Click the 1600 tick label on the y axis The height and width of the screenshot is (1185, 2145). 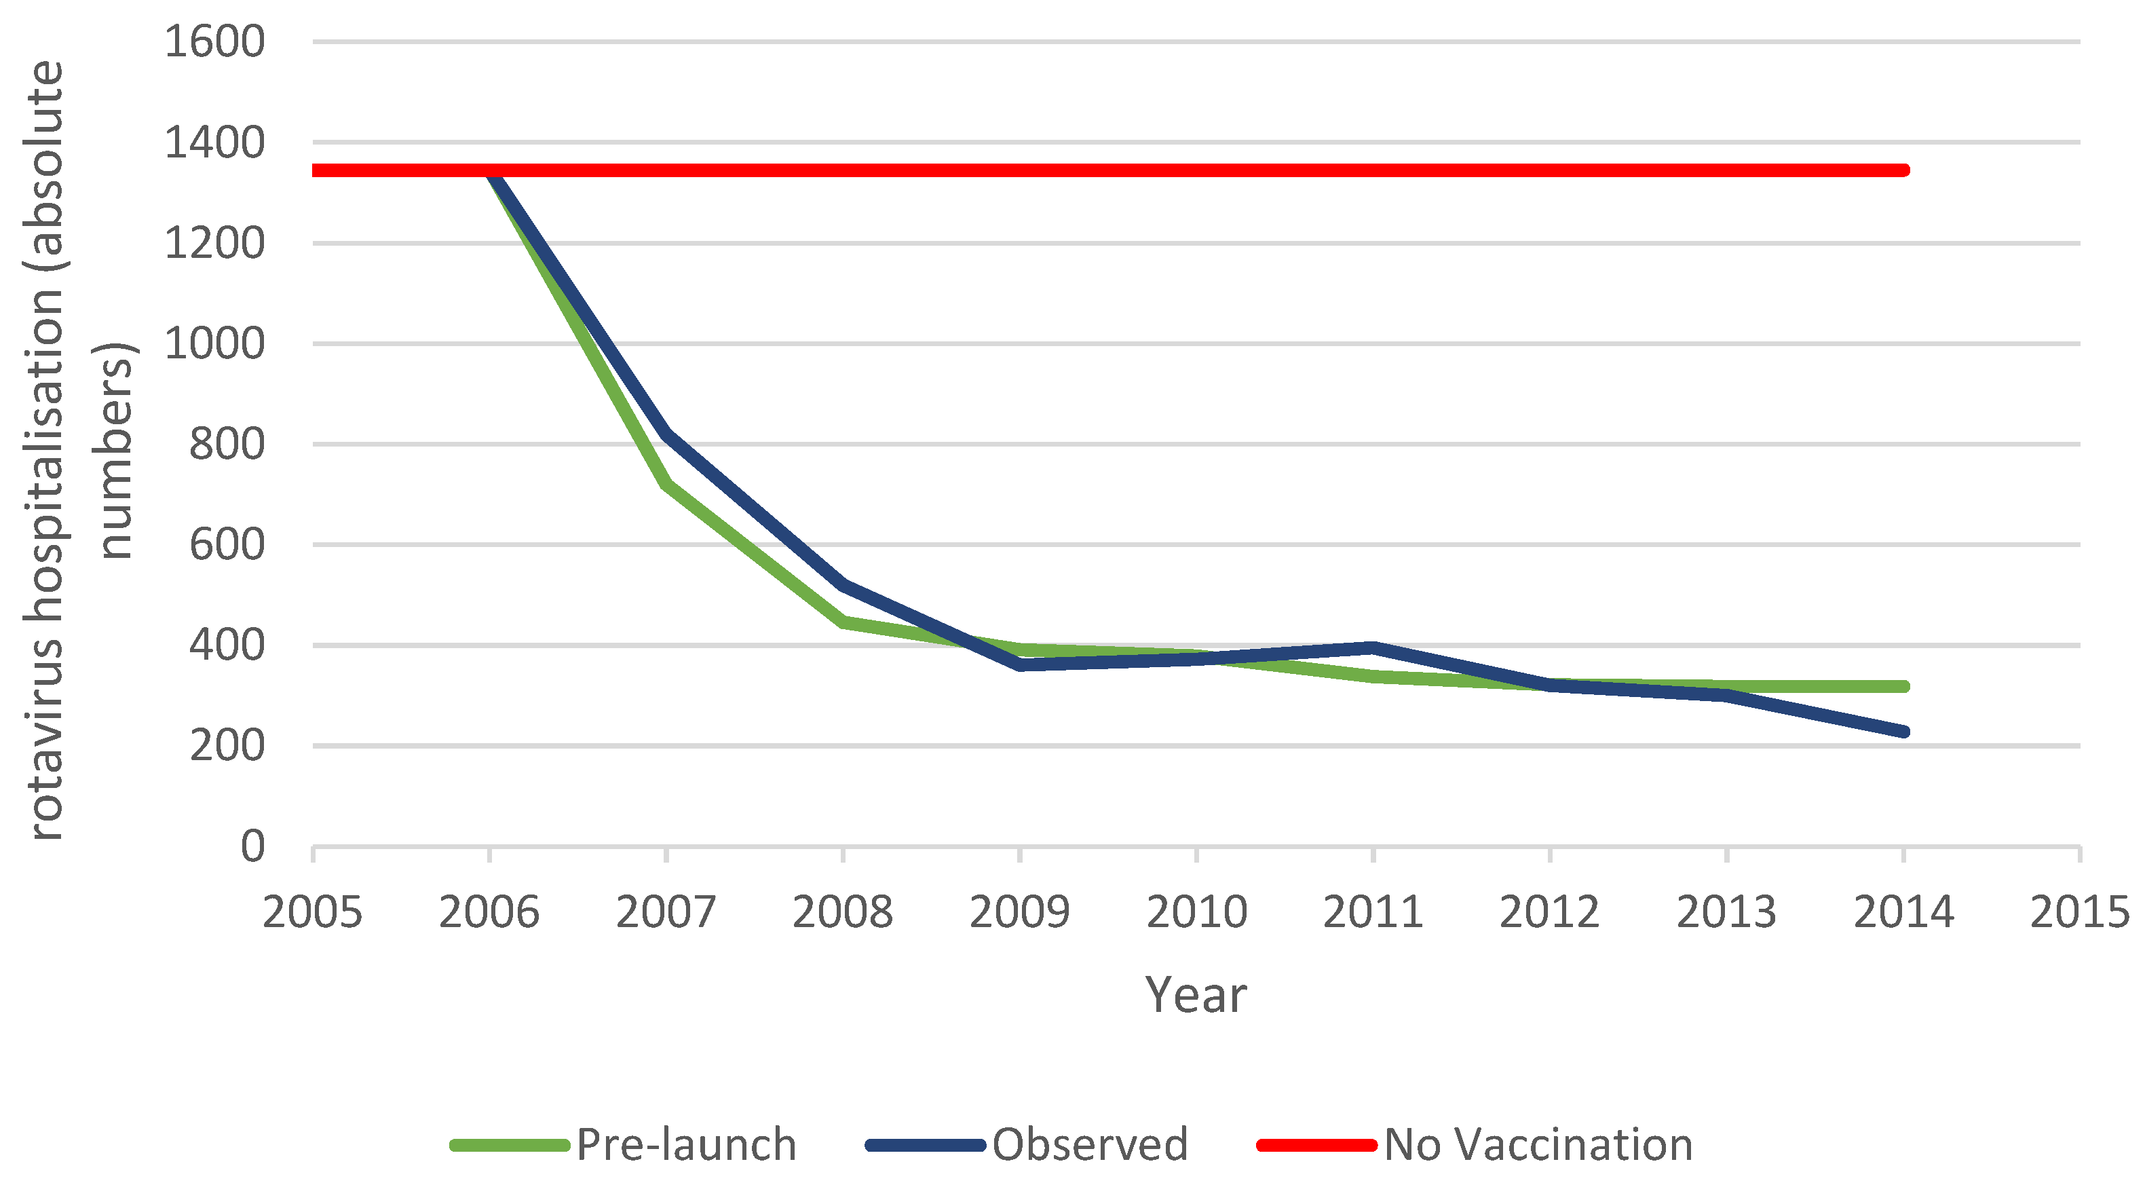click(x=214, y=41)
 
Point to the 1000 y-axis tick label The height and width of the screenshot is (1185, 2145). click(x=214, y=343)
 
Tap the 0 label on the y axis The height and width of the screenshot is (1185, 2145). click(x=252, y=846)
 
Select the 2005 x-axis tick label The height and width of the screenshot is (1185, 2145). click(x=312, y=912)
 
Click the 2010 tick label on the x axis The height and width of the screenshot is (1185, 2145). click(x=1196, y=912)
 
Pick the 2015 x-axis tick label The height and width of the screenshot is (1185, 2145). click(x=2079, y=912)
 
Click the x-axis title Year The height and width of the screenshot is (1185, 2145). click(x=1196, y=994)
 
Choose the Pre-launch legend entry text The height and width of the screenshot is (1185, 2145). click(x=686, y=1144)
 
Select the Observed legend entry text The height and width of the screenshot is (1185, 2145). click(x=1089, y=1144)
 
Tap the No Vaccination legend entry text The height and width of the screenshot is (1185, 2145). click(x=1538, y=1144)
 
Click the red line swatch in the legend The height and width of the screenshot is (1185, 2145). click(x=1316, y=1145)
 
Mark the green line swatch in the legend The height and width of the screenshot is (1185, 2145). click(x=509, y=1145)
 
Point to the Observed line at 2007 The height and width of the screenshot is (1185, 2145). click(x=666, y=433)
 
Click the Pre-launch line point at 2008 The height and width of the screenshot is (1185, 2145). click(x=843, y=621)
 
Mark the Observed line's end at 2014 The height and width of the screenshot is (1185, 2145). click(x=1903, y=731)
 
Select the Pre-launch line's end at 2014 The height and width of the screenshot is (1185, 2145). click(x=1903, y=686)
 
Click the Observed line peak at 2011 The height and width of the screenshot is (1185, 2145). click(x=1373, y=647)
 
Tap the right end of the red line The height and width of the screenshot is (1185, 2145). click(x=1903, y=170)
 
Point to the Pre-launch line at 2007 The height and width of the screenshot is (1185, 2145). click(x=666, y=483)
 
